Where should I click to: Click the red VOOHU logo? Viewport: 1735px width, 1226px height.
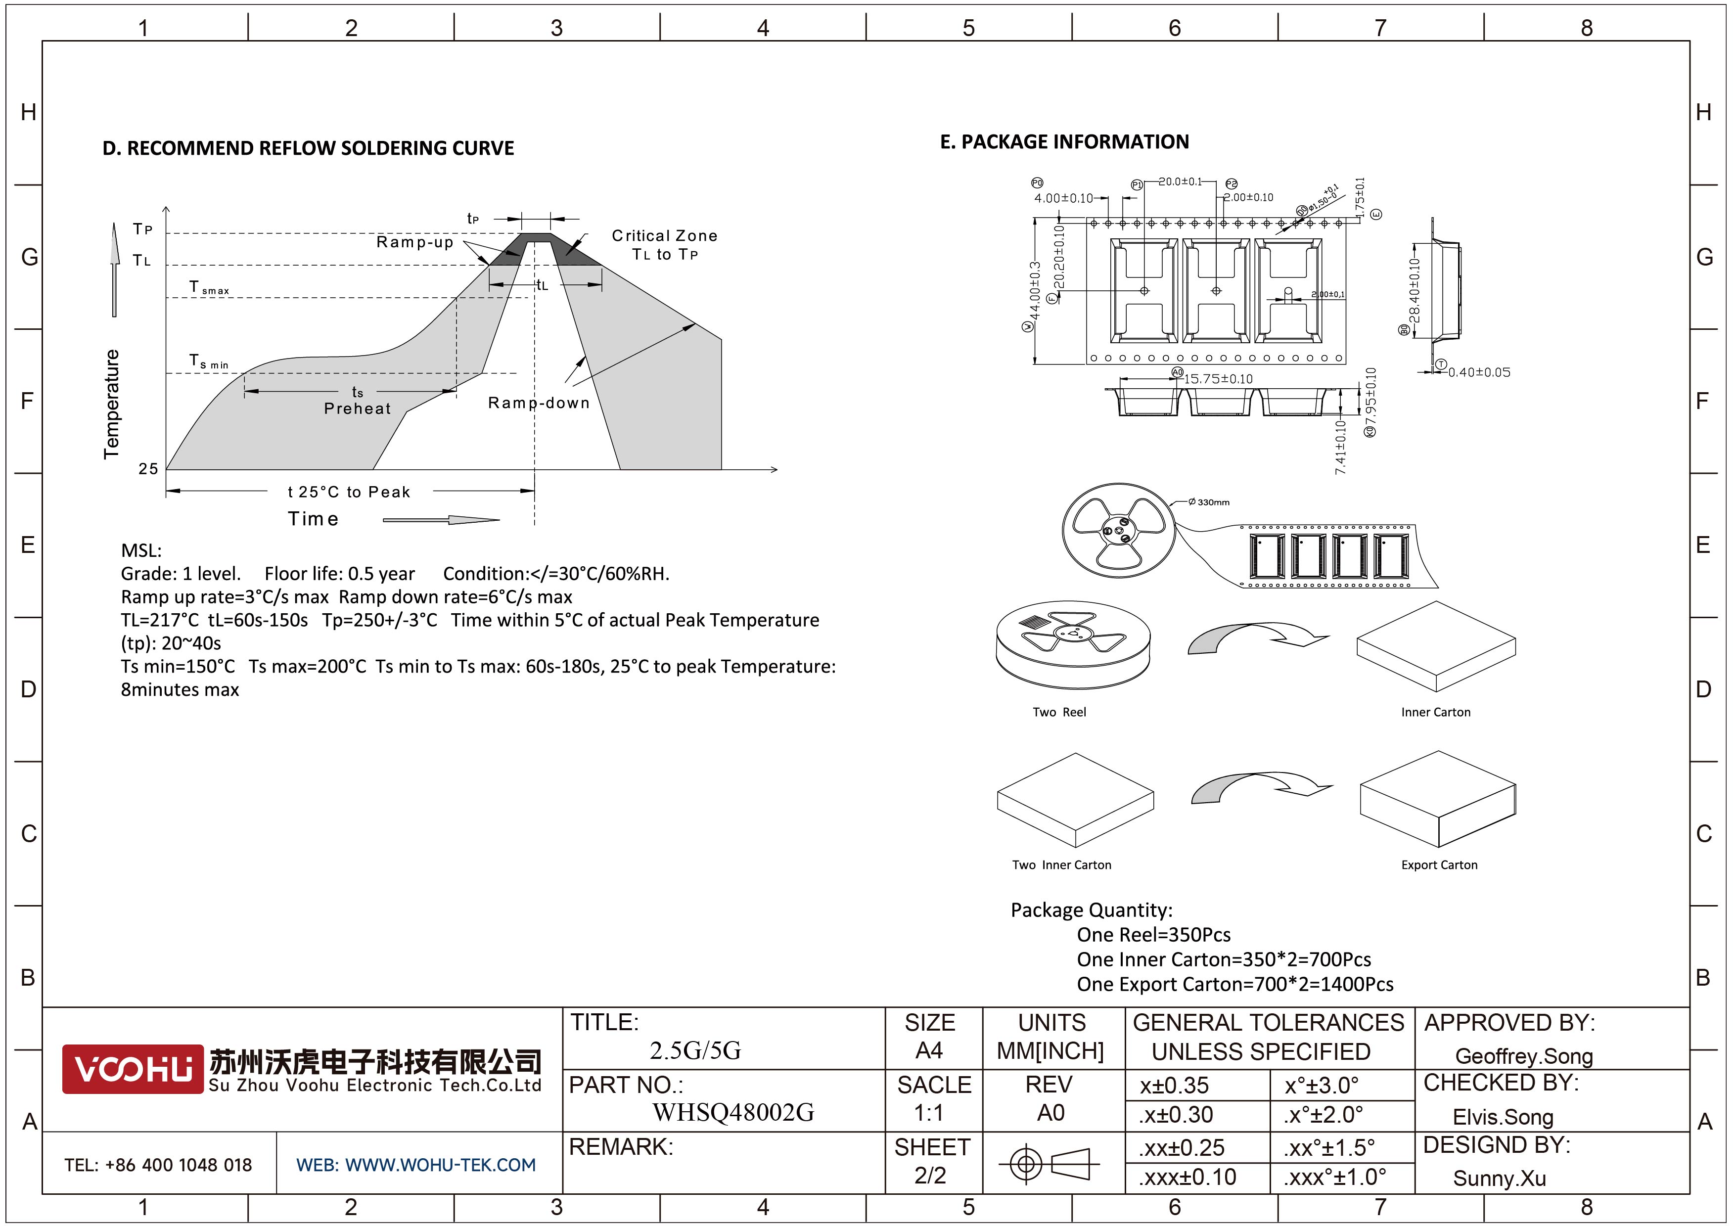tap(132, 1068)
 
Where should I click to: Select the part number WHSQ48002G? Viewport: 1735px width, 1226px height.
tap(732, 1112)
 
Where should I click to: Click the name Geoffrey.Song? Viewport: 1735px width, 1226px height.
tap(1523, 1056)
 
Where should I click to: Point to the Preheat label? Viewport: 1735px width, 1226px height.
tap(358, 409)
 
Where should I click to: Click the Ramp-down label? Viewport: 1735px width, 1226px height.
tap(538, 403)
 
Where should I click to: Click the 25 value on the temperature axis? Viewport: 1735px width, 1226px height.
tap(148, 469)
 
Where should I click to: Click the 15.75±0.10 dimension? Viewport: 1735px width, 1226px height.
tap(1217, 378)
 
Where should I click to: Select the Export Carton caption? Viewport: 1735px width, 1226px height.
tap(1439, 865)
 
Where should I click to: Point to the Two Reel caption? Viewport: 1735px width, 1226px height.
tap(1059, 712)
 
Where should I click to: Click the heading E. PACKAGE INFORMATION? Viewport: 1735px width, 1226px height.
tap(1064, 142)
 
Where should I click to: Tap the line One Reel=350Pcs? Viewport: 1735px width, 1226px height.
tap(1153, 934)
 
